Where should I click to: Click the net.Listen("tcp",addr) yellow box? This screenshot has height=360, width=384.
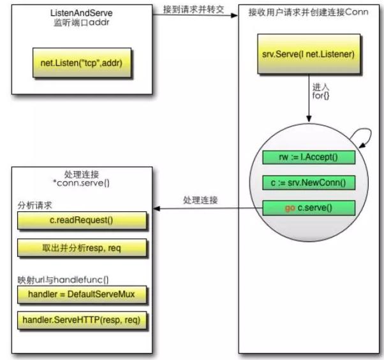[82, 63]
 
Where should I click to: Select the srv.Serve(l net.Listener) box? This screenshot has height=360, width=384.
[309, 54]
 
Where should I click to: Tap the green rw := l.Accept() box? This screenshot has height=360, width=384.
[309, 157]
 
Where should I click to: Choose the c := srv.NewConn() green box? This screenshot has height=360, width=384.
[309, 183]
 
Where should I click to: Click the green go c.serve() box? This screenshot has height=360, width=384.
[309, 208]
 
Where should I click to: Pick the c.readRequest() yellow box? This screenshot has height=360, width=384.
[82, 220]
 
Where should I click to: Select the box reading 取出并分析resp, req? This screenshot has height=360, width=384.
[82, 248]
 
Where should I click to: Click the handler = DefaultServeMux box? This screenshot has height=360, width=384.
[82, 294]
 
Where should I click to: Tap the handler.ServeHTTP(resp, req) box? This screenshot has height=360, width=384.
[82, 320]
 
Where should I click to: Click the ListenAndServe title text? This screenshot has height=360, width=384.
[81, 13]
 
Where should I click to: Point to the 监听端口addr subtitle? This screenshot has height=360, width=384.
[82, 22]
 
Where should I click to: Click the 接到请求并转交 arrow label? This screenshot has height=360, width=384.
[193, 10]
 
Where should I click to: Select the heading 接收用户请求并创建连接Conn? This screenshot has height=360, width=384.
[308, 12]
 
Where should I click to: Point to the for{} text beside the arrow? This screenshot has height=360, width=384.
[321, 96]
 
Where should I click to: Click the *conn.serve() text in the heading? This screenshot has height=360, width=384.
[81, 183]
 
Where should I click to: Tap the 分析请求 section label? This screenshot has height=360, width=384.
[35, 206]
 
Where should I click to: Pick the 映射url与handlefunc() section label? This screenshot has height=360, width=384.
[63, 280]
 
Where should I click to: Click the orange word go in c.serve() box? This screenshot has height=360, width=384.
[290, 208]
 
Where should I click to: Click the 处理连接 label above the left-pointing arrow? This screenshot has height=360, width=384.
[200, 200]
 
